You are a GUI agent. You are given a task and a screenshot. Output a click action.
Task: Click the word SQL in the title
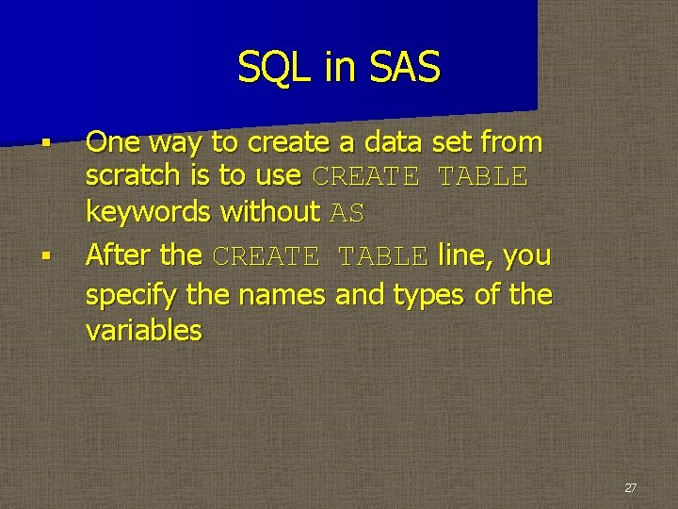click(266, 68)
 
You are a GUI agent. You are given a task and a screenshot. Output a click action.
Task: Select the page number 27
click(630, 488)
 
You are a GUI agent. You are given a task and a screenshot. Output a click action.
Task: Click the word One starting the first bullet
click(114, 142)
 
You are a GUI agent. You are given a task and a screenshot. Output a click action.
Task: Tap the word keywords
click(148, 212)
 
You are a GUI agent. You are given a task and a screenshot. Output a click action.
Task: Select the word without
click(269, 212)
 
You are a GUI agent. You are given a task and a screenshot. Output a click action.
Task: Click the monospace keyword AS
click(347, 214)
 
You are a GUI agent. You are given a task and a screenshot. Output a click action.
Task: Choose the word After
click(118, 255)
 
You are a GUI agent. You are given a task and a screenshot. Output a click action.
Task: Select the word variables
click(143, 331)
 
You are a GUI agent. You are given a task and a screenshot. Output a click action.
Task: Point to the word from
click(511, 142)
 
